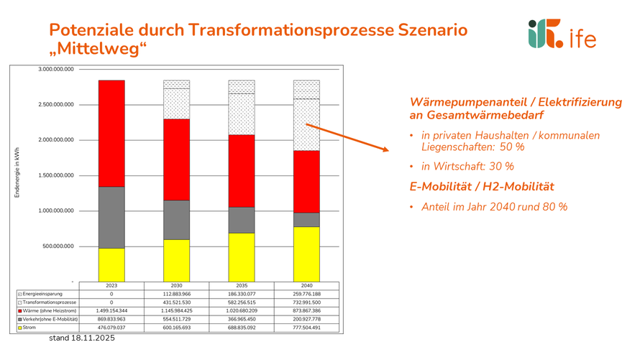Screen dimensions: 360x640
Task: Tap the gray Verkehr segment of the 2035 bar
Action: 242,220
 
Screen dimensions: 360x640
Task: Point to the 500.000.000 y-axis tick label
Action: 58,246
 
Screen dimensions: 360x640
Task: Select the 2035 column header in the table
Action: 242,285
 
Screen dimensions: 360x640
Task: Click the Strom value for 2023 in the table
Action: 111,328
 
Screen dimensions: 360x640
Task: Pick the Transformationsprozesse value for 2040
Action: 307,302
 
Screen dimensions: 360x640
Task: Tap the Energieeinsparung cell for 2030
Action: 176,294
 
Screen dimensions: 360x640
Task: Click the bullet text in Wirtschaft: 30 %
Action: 467,166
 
